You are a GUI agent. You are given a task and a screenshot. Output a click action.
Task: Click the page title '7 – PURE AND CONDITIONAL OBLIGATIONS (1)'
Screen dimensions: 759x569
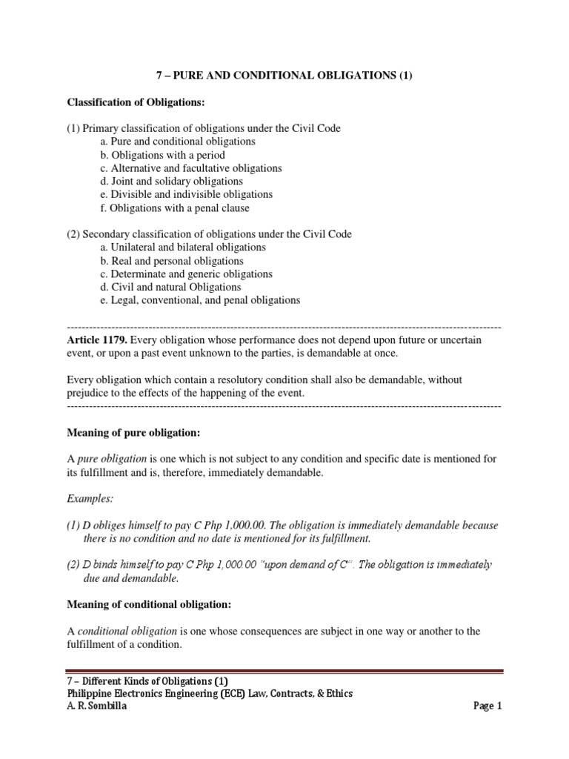284,75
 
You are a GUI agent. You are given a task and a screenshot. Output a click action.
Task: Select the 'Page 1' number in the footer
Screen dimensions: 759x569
488,706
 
